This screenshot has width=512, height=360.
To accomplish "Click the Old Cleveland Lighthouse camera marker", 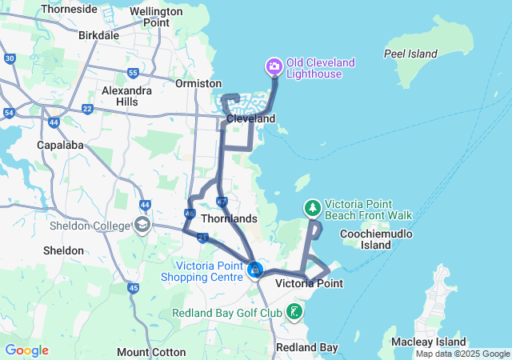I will (274, 66).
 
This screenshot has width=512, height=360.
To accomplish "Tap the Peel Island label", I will (410, 54).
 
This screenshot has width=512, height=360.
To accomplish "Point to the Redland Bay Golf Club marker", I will (295, 310).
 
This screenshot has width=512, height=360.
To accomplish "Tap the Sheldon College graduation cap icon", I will (143, 226).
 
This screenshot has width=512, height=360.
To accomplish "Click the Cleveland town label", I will (250, 118).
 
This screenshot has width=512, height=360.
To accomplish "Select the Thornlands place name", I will (229, 218).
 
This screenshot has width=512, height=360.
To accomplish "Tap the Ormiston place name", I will (198, 83).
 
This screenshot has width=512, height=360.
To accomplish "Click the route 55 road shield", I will (133, 73).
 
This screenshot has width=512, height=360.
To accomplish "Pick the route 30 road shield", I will (10, 58).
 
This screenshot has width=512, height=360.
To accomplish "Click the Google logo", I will (26, 350).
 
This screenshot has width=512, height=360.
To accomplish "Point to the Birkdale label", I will (99, 35).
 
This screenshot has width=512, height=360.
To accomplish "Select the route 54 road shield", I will (9, 114).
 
